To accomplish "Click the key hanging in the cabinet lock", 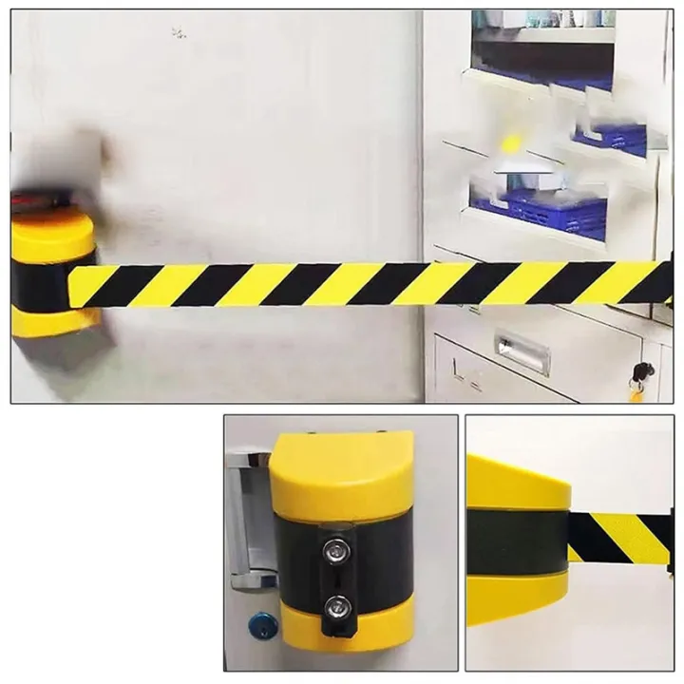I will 639,377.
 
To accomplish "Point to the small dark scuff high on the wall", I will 178,33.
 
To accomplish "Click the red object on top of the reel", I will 33,199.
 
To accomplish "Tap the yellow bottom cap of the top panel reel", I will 54,321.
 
